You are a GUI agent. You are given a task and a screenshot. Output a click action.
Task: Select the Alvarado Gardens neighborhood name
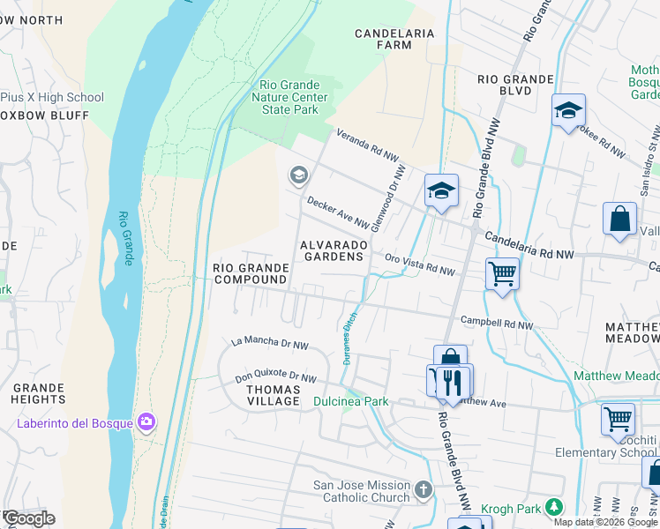pyautogui.click(x=332, y=250)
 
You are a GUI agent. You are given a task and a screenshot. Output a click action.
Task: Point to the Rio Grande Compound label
pyautogui.click(x=251, y=273)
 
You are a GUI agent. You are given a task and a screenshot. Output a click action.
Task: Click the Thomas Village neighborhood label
pyautogui.click(x=273, y=395)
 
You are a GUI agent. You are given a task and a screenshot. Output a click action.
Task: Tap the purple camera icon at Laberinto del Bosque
pyautogui.click(x=146, y=423)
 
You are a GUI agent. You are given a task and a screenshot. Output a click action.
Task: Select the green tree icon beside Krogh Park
pyautogui.click(x=553, y=507)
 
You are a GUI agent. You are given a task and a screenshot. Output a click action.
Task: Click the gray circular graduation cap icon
pyautogui.click(x=298, y=176)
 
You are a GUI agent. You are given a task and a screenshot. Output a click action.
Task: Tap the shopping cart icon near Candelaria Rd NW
pyautogui.click(x=502, y=273)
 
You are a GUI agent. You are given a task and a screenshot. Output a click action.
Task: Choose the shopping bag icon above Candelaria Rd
pyautogui.click(x=619, y=219)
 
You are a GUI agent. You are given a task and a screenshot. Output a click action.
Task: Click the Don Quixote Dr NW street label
pyautogui.click(x=275, y=378)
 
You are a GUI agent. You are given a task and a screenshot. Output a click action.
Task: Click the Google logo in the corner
pyautogui.click(x=29, y=518)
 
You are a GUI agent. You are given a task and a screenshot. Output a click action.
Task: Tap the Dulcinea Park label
pyautogui.click(x=350, y=401)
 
